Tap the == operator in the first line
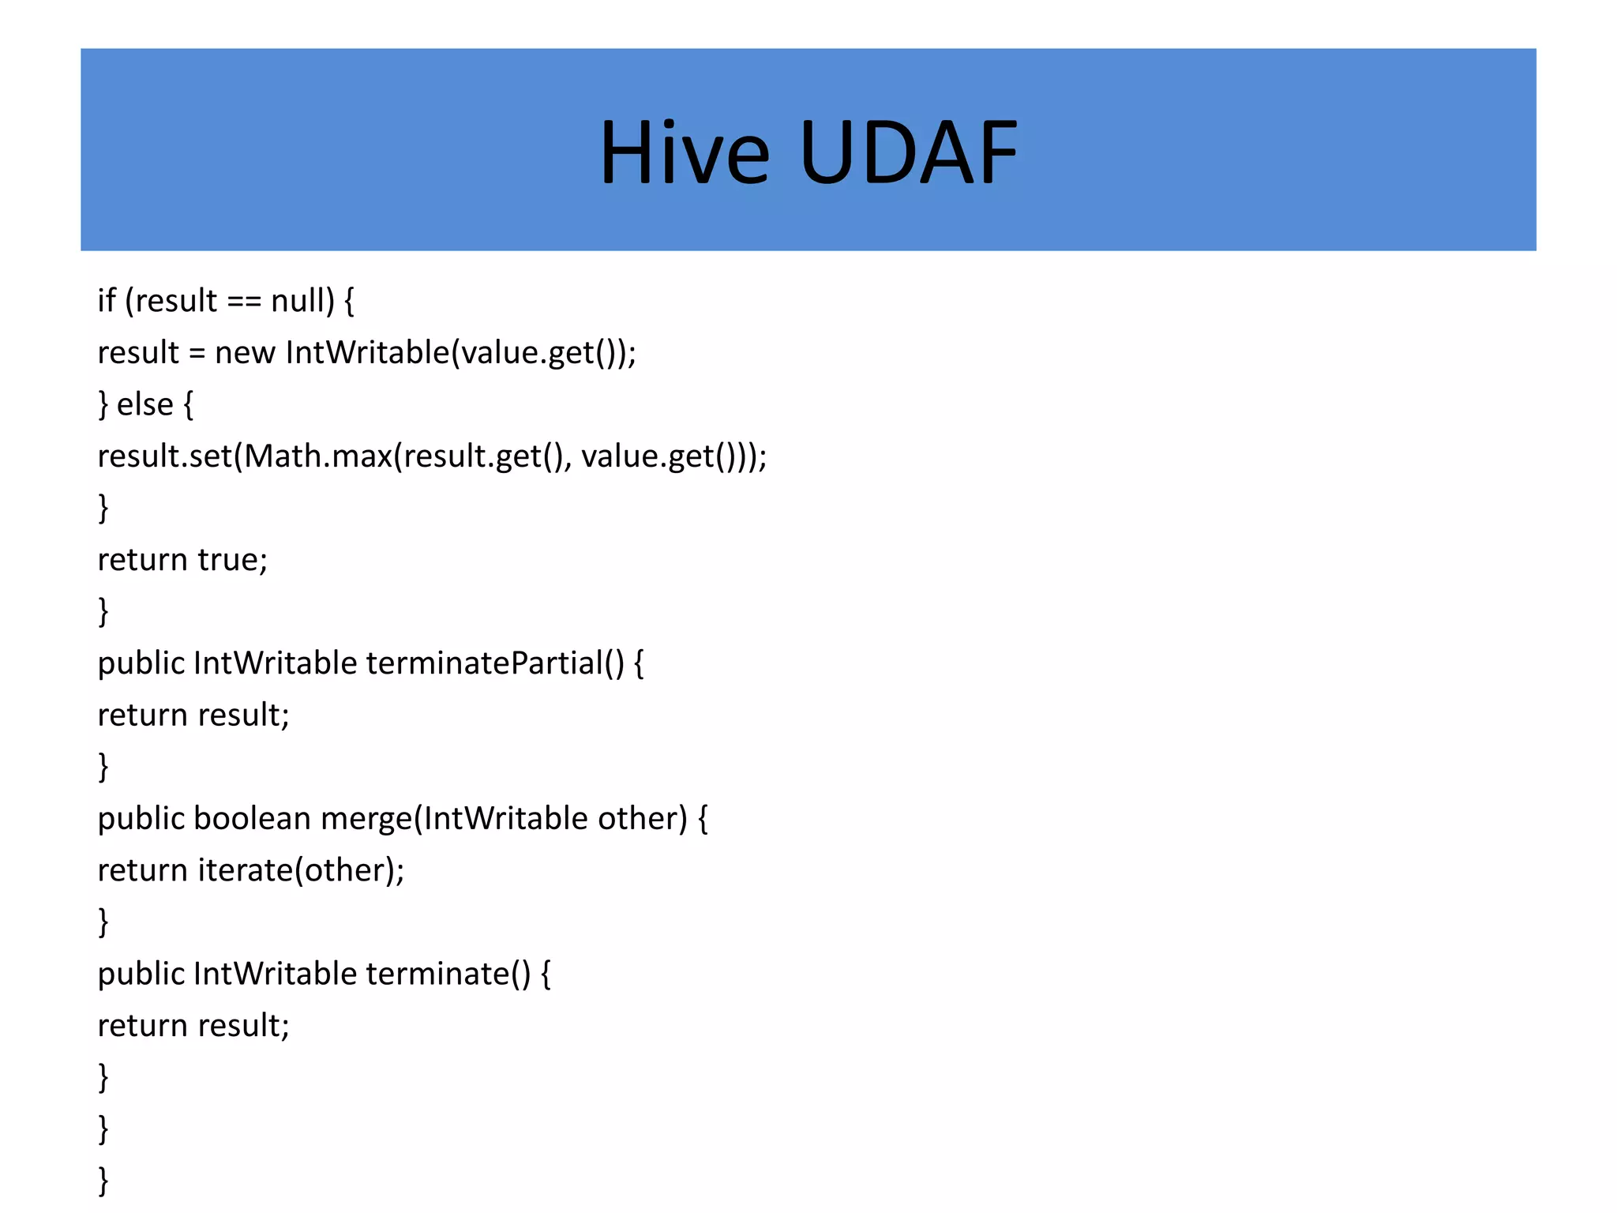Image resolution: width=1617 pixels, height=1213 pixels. [x=243, y=302]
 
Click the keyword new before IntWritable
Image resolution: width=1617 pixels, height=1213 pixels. [x=245, y=353]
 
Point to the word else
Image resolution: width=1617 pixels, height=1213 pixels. [x=144, y=404]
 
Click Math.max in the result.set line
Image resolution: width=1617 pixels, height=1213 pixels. [x=317, y=456]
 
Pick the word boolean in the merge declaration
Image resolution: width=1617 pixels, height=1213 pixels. [x=252, y=818]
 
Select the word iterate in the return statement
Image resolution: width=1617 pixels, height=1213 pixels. [x=245, y=870]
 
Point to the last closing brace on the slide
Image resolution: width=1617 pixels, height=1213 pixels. [x=103, y=1181]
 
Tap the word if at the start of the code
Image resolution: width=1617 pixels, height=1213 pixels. [x=107, y=301]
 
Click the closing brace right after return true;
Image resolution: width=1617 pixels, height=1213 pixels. [x=103, y=611]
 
